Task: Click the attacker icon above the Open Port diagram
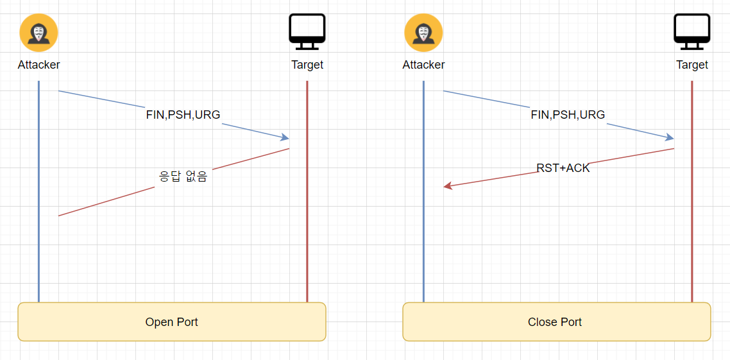[38, 33]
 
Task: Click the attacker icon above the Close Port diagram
[423, 33]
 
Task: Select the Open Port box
[172, 321]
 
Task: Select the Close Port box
[556, 321]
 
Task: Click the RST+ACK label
[563, 168]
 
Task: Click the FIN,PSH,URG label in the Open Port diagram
[183, 115]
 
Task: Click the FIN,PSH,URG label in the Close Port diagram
[568, 115]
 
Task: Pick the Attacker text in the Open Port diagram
[38, 65]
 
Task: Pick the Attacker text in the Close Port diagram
[423, 65]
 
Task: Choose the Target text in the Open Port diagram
[307, 65]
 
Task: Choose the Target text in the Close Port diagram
[692, 65]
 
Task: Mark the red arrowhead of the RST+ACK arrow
[448, 186]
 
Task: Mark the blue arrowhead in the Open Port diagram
[285, 137]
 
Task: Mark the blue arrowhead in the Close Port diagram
[670, 137]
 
